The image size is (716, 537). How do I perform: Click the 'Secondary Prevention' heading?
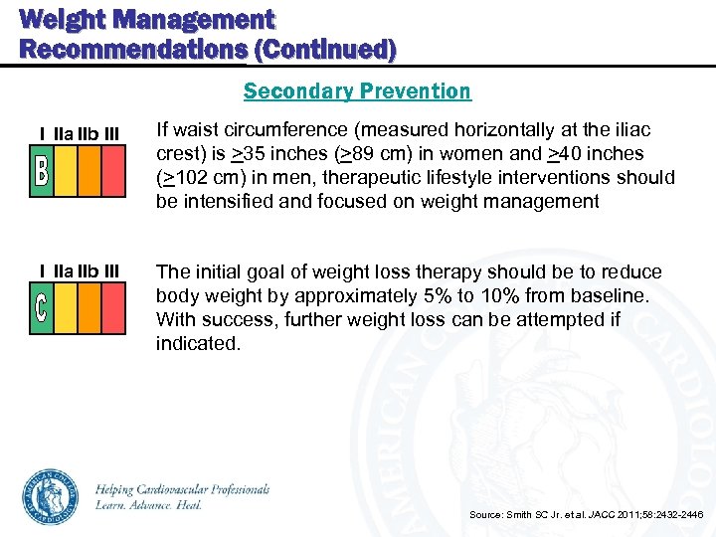(x=357, y=91)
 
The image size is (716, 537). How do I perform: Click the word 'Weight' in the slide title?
(x=62, y=19)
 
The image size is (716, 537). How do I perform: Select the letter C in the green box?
(x=41, y=308)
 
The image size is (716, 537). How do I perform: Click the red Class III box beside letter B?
(x=113, y=171)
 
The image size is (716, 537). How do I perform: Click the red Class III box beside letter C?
(x=113, y=308)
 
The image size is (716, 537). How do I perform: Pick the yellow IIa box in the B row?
(x=66, y=171)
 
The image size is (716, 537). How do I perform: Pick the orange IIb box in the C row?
(x=89, y=308)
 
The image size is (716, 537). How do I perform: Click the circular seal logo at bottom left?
(x=49, y=496)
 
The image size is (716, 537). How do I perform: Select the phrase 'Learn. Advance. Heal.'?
(x=149, y=505)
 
